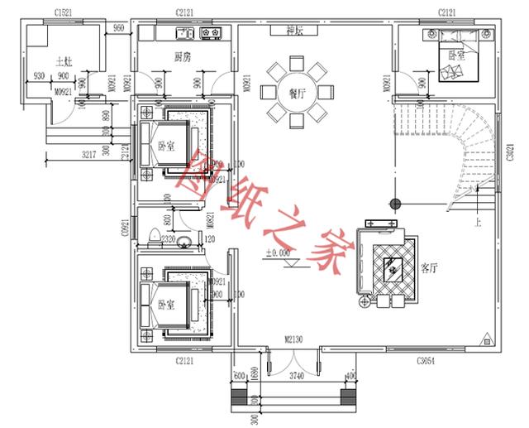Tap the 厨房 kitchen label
183,57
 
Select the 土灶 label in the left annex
64,61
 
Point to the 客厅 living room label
430,267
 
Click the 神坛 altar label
296,31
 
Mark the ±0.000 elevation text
278,253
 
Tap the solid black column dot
395,204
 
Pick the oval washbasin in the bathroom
187,242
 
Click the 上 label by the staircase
477,224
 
